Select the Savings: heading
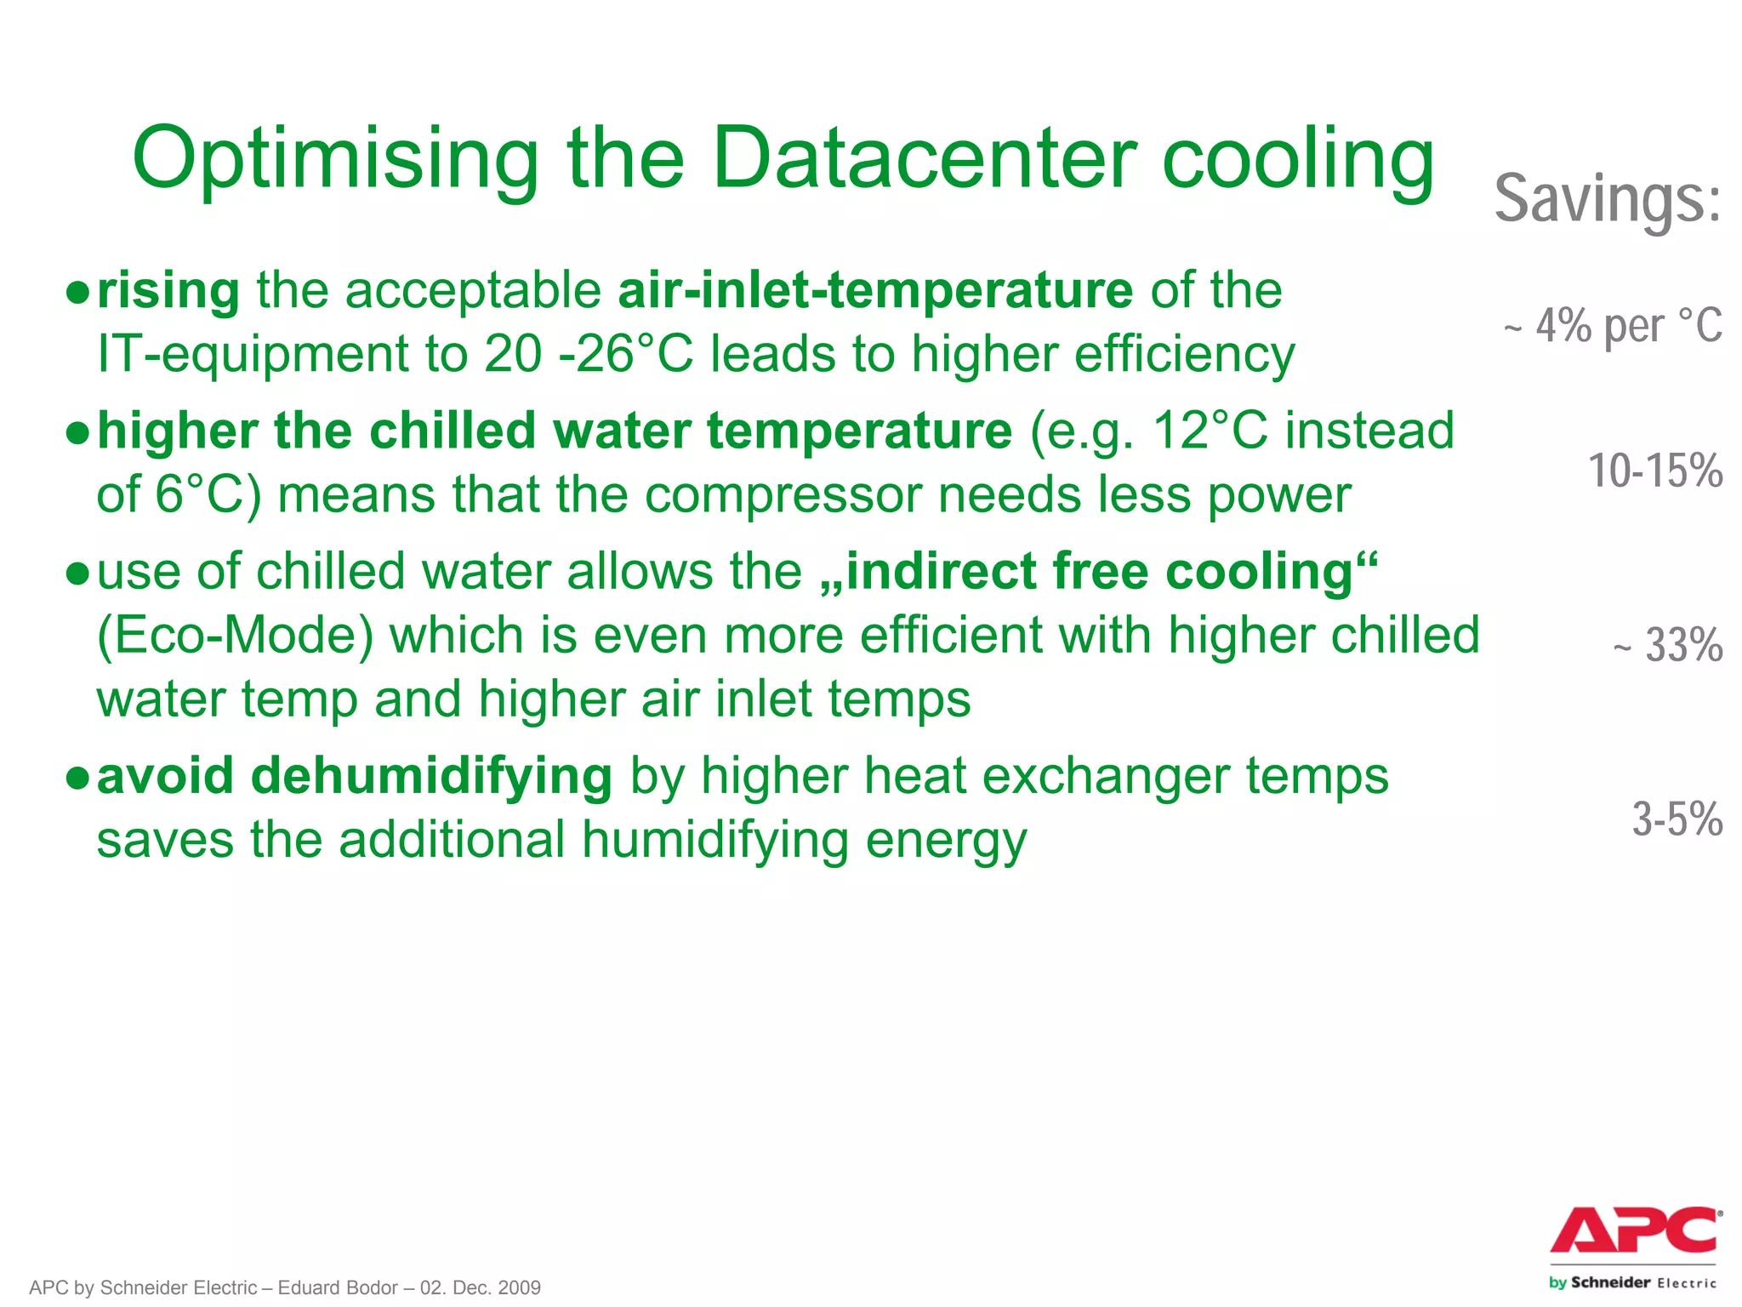tap(1608, 198)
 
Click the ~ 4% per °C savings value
tap(1613, 326)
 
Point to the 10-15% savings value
tap(1654, 471)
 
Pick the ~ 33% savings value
tap(1668, 645)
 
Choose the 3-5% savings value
tap(1677, 819)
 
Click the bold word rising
tap(168, 291)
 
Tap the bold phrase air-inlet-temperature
tap(875, 291)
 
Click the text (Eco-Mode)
tap(236, 636)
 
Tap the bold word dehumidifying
tap(431, 777)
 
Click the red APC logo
tap(1634, 1230)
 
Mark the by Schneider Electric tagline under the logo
tap(1632, 1282)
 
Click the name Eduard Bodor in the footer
tap(338, 1287)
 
